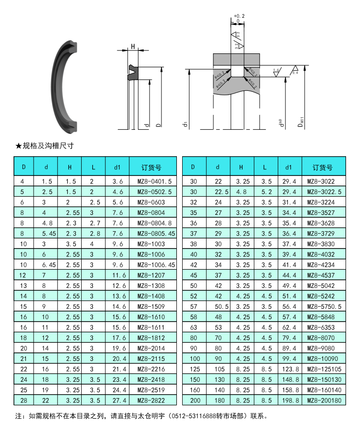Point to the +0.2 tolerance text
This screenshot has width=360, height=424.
click(x=239, y=16)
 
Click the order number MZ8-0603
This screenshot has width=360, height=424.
click(x=151, y=202)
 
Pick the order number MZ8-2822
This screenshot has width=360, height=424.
click(x=151, y=400)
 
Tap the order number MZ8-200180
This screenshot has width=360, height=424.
click(x=324, y=400)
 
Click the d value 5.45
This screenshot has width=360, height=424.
click(x=47, y=233)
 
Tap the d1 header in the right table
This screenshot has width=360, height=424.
click(x=288, y=167)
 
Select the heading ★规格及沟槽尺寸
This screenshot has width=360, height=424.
click(x=44, y=145)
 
